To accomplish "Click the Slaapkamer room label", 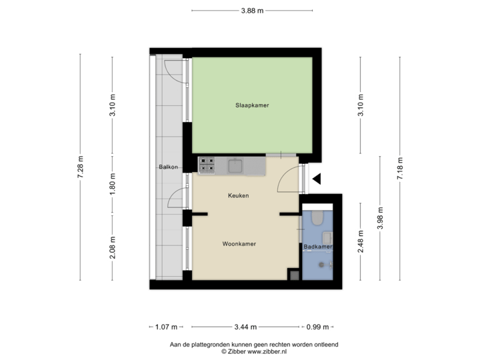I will click(x=251, y=105).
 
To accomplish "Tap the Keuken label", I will click(x=238, y=196).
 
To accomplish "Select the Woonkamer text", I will click(x=239, y=244).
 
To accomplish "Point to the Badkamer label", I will click(x=317, y=247).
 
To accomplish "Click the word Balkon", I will click(x=168, y=167).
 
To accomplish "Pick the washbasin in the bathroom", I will click(x=327, y=237).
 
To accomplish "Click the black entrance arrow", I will click(x=317, y=178).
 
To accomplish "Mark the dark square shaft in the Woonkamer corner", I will click(x=293, y=274).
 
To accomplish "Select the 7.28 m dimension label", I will click(x=81, y=167).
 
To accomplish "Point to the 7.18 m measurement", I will click(x=399, y=167).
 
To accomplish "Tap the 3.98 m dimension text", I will click(x=379, y=219).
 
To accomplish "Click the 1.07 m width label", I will click(x=165, y=327).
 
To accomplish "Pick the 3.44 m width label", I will click(x=245, y=327).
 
